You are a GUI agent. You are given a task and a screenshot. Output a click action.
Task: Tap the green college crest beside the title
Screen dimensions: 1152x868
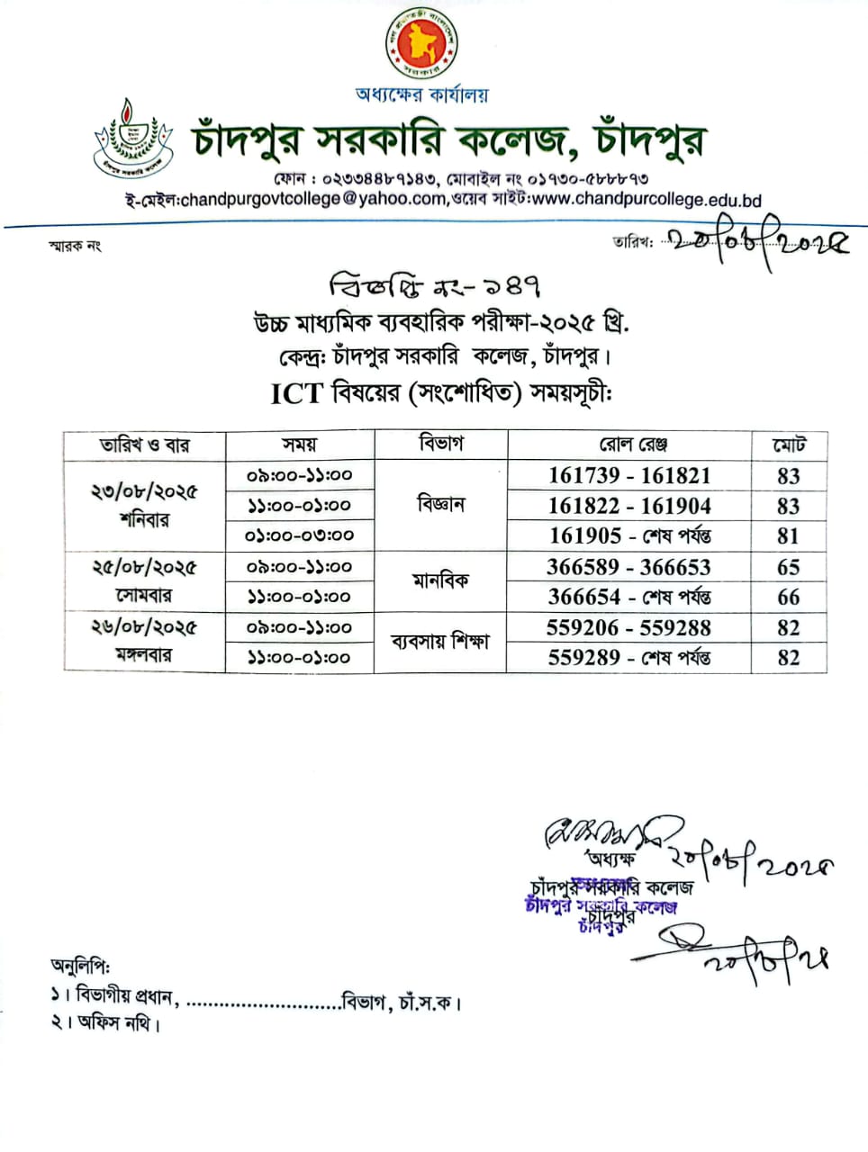click(133, 138)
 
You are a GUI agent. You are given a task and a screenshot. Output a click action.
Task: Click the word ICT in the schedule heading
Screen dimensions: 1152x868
click(296, 394)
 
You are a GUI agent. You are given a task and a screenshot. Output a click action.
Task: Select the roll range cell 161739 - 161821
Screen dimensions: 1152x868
click(629, 475)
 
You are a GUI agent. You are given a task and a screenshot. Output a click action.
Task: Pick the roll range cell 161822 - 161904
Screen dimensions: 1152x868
click(629, 506)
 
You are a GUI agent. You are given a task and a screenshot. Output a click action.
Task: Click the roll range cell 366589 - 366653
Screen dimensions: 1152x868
click(628, 567)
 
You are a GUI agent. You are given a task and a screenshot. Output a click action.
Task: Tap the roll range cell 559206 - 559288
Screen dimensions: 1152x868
click(628, 627)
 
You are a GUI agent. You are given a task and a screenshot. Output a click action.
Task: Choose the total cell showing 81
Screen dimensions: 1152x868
click(789, 535)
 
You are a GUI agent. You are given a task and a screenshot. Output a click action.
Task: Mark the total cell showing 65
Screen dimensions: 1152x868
click(789, 567)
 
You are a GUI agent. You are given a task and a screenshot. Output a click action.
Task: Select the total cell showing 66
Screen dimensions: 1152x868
click(789, 597)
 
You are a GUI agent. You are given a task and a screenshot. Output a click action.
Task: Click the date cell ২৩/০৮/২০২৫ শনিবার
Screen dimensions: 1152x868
click(144, 505)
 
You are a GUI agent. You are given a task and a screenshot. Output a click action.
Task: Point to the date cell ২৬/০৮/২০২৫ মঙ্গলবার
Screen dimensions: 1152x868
click(144, 641)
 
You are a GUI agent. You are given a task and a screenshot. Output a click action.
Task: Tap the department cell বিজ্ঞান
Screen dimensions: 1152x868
click(441, 504)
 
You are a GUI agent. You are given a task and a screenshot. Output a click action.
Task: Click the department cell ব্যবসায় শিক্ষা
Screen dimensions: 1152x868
click(440, 642)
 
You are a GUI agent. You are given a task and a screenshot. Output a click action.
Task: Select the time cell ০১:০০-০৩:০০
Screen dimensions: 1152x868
click(300, 535)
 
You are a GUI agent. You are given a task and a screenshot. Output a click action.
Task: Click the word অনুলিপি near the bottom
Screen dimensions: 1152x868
click(80, 966)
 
